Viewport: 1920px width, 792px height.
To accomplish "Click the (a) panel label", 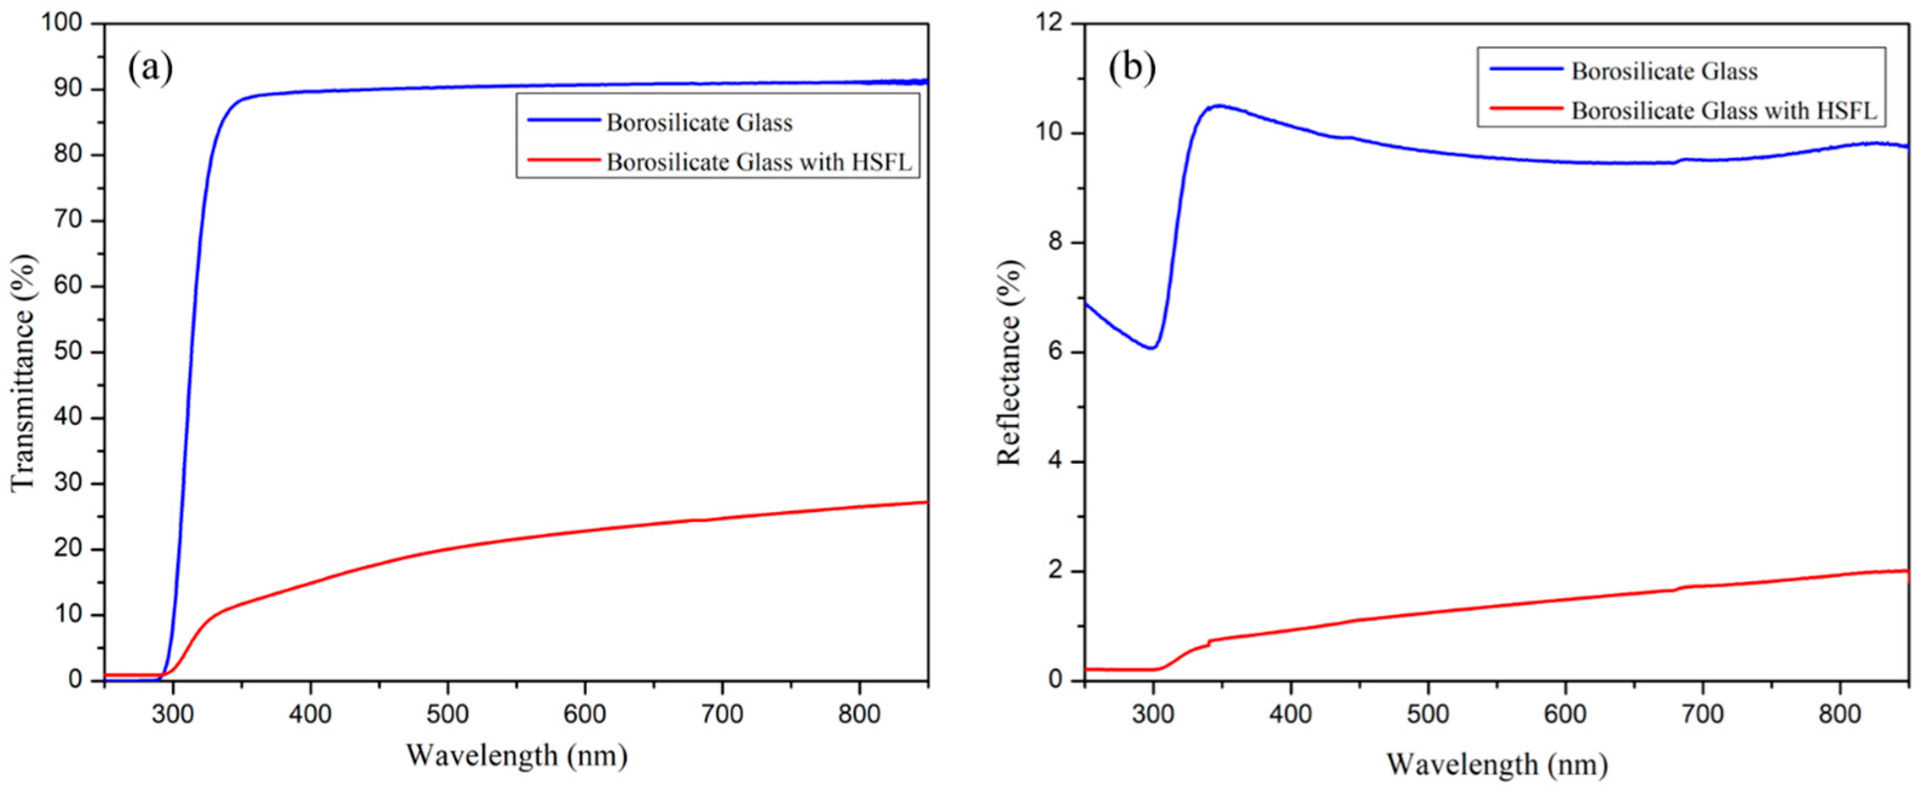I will tap(151, 68).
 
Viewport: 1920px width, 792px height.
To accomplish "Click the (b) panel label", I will tap(1132, 68).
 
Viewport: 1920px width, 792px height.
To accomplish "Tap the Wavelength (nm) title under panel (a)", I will tap(516, 756).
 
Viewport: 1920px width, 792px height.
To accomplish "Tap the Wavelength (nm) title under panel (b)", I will tap(1497, 764).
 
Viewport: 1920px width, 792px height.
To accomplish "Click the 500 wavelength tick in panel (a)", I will tap(447, 715).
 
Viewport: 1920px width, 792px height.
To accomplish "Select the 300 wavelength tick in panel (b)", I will tap(1153, 715).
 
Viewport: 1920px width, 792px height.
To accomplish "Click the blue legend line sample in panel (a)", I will tap(563, 120).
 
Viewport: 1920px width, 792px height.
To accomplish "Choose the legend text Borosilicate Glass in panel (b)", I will tap(1664, 71).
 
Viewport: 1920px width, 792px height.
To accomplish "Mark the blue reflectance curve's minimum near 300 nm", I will tap(1152, 348).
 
